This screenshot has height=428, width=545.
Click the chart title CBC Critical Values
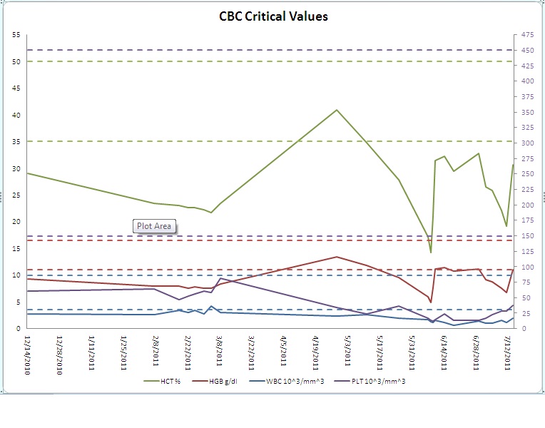(273, 16)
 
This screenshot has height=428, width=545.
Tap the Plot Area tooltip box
(153, 226)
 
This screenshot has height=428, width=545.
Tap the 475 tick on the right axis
(526, 35)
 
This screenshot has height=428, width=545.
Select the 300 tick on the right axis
(526, 143)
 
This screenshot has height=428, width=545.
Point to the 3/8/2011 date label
(220, 350)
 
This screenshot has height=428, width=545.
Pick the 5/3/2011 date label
(348, 350)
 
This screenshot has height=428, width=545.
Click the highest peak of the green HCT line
(337, 110)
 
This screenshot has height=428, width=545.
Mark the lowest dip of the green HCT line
(431, 252)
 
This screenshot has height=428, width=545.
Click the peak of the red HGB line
(337, 257)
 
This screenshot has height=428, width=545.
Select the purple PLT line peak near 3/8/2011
(220, 278)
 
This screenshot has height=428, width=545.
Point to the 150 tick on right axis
(526, 236)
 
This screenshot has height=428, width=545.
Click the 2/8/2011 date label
(156, 350)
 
